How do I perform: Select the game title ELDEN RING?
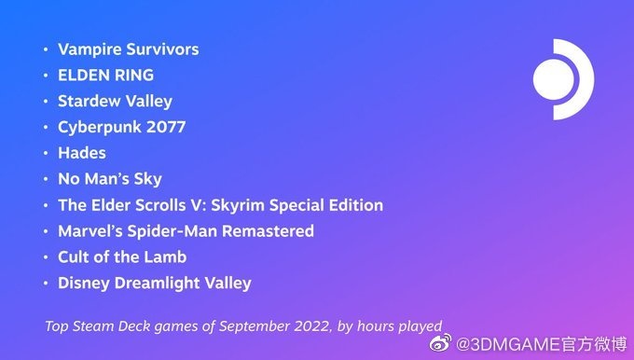click(105, 75)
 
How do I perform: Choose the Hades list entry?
click(82, 152)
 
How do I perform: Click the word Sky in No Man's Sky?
click(147, 178)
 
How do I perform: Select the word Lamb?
click(168, 256)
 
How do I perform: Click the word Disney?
click(83, 283)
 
